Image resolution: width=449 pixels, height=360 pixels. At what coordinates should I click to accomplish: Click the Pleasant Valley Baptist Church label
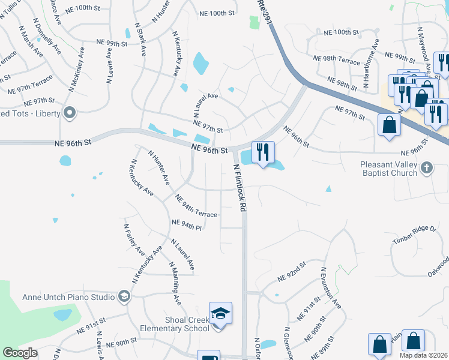pos(388,169)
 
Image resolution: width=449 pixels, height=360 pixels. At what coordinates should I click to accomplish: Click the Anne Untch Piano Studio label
pos(68,296)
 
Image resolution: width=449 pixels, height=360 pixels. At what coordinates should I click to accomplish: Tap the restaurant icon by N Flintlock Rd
pos(262,152)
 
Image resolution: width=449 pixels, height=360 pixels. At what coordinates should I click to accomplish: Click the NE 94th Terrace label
pos(196,205)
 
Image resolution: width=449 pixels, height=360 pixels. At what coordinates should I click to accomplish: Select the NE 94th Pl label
pos(186,224)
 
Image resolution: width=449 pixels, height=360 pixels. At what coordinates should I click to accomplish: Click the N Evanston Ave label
pos(331,289)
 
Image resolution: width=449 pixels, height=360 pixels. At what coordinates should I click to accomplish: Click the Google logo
pos(20,353)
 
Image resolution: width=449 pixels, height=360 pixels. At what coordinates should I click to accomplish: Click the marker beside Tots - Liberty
pos(70,112)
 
